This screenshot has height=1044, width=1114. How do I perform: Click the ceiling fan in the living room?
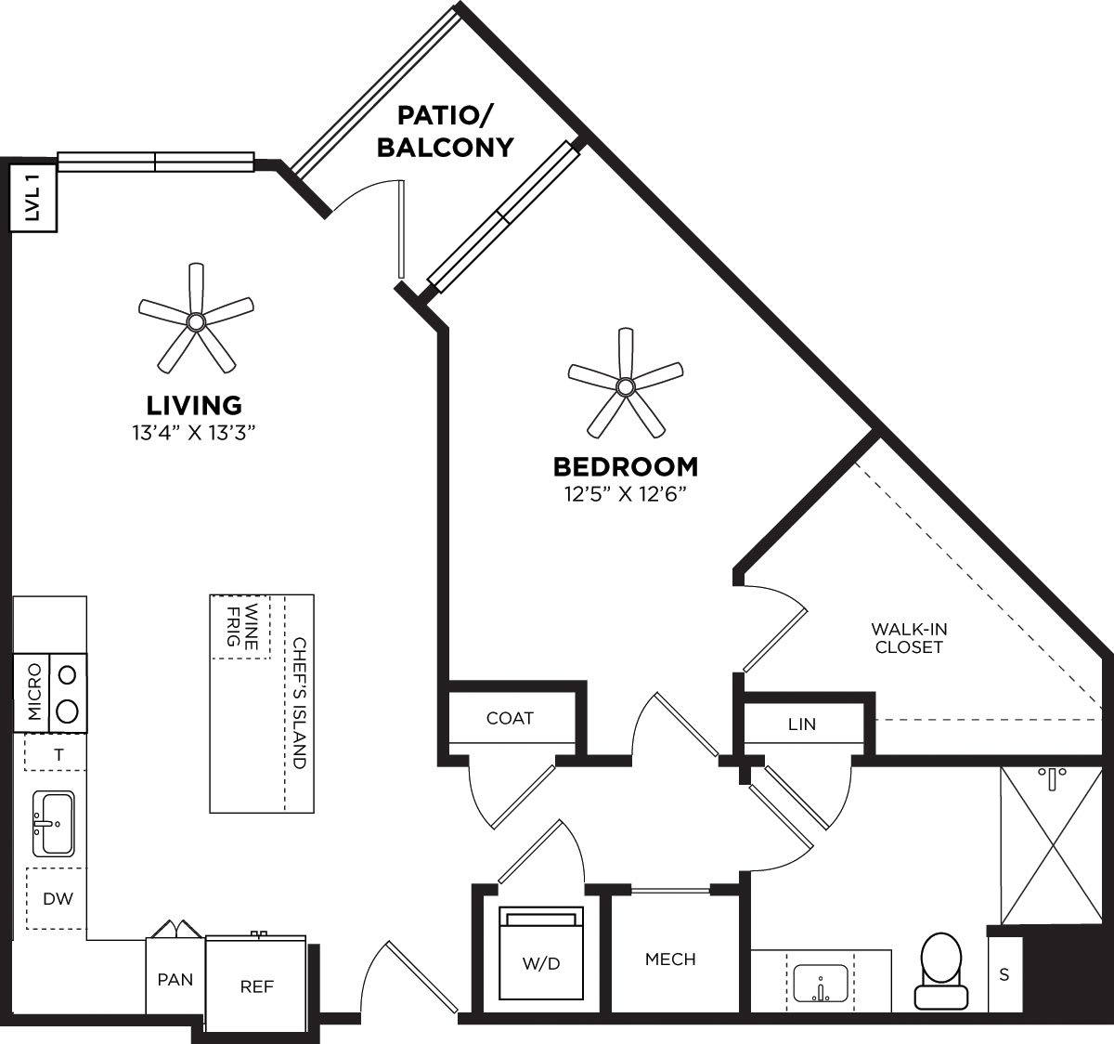pyautogui.click(x=196, y=321)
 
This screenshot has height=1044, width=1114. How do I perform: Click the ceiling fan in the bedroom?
pyautogui.click(x=625, y=385)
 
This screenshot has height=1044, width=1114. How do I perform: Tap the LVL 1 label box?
pyautogui.click(x=33, y=198)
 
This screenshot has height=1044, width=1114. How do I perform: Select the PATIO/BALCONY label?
pyautogui.click(x=445, y=132)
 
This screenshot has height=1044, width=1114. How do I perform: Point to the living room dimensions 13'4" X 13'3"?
pyautogui.click(x=194, y=432)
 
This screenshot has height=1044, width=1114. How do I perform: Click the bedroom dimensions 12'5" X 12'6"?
pyautogui.click(x=625, y=494)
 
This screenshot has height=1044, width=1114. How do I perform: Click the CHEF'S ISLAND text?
pyautogui.click(x=298, y=702)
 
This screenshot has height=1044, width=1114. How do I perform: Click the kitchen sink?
pyautogui.click(x=53, y=823)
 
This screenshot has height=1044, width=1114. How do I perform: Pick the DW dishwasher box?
pyautogui.click(x=57, y=898)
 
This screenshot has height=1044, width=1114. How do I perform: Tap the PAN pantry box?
pyautogui.click(x=175, y=979)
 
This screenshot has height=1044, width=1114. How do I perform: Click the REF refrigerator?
pyautogui.click(x=256, y=986)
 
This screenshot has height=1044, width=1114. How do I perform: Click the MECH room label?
pyautogui.click(x=670, y=959)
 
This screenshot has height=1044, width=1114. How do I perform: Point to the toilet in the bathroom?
pyautogui.click(x=941, y=971)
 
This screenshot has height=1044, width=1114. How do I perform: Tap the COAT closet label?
pyautogui.click(x=510, y=718)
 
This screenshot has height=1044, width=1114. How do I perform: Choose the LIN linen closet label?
pyautogui.click(x=801, y=724)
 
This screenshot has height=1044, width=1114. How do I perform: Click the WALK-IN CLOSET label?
pyautogui.click(x=909, y=638)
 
